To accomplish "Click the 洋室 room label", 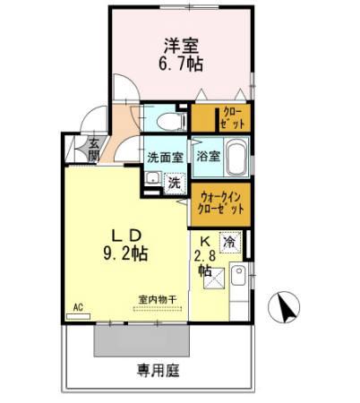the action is point(181,47).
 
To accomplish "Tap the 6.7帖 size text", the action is point(181,64).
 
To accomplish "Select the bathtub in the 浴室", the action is point(236,158).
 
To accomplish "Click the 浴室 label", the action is point(208,156).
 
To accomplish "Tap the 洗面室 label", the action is point(166,158).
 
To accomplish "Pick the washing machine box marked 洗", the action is point(175,184).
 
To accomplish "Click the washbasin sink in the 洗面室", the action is point(153,178).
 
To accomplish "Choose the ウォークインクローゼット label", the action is point(221,203).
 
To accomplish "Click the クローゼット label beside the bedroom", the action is point(234,117).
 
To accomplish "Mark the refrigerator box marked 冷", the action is point(230,243).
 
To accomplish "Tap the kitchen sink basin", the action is point(238,275).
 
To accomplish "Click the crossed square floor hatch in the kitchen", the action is point(214,279).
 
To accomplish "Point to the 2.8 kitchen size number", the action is point(205,256).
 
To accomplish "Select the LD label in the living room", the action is point(126,236).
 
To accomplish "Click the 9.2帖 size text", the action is point(125,254).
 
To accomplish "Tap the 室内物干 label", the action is point(158,299).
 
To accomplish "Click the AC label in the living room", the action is point(78,307).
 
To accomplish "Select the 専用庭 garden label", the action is point(159,371).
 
